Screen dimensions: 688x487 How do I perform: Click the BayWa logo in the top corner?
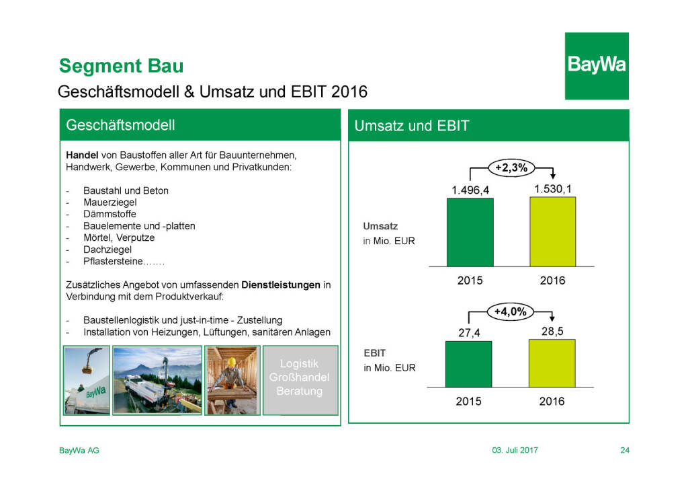pos(597,66)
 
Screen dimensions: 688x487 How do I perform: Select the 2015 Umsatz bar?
pos(470,232)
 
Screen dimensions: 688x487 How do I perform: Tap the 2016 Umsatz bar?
pos(553,231)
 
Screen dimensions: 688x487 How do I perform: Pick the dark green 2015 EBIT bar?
pos(468,364)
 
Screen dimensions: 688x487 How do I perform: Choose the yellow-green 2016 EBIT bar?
pos(552,363)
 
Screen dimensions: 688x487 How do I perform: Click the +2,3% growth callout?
pos(511,167)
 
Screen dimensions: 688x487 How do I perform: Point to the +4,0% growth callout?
pos(511,312)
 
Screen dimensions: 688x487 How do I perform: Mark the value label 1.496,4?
pos(470,190)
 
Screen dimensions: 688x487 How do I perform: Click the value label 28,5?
pos(552,332)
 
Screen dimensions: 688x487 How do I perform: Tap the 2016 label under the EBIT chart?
pos(552,402)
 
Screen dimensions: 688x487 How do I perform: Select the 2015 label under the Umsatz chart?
pos(470,280)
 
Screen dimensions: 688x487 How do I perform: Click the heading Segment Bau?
pos(122,66)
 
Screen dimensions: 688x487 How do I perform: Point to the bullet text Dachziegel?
pos(107,250)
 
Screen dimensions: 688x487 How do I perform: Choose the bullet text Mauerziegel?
pos(110,202)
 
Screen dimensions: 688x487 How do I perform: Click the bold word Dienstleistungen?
pos(281,285)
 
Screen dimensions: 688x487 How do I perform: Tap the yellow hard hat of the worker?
pos(232,362)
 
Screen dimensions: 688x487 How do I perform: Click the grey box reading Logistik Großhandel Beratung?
pos(300,380)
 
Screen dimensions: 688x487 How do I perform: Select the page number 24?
pos(625,450)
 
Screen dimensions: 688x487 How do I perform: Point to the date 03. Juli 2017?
pos(515,450)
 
